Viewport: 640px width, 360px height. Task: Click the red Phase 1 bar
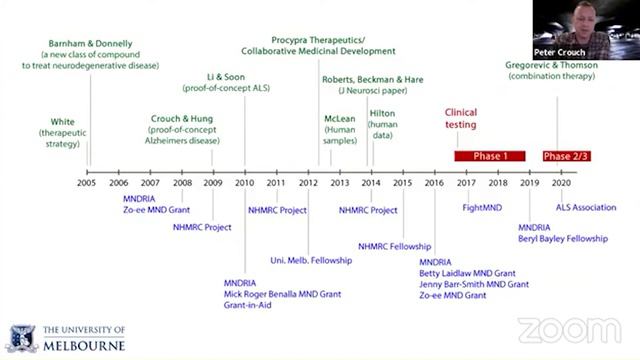tap(490, 156)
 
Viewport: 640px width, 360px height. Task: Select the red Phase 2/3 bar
tap(566, 156)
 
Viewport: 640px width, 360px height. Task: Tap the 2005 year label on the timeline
tap(87, 183)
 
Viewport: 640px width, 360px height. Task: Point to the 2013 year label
tap(340, 183)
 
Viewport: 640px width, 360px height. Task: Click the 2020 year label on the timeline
tap(561, 183)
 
